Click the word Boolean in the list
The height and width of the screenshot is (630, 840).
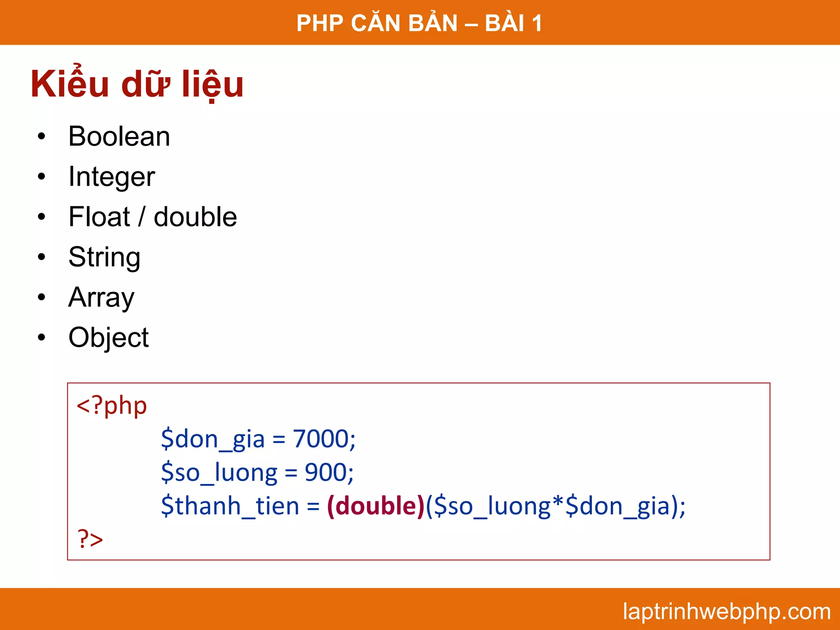119,137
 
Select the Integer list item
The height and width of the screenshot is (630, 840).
112,177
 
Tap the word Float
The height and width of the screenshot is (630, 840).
99,217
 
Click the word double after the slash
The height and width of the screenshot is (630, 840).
195,217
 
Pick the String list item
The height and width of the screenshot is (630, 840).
104,258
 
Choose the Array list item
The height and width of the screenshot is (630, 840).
101,297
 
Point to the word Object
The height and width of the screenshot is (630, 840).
108,338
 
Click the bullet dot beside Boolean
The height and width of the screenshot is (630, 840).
41,137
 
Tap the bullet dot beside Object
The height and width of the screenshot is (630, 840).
41,338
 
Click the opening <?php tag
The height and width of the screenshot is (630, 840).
112,406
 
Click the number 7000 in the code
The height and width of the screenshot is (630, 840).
320,439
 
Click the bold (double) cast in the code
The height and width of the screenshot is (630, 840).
376,506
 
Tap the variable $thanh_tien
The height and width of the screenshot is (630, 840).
230,506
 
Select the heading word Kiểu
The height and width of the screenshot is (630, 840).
70,84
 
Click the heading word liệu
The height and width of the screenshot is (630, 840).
213,84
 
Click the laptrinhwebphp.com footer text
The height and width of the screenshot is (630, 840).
726,611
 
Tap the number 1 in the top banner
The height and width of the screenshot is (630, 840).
536,23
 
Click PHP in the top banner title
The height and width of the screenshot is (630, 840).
320,23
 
